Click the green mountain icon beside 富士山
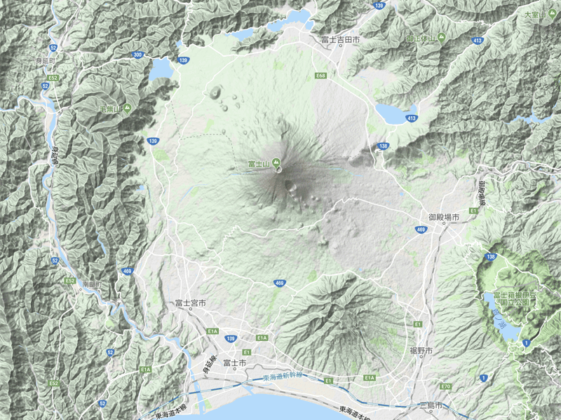276,164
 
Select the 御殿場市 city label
444,218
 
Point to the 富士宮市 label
191,303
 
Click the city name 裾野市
421,350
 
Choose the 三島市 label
429,405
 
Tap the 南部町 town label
91,285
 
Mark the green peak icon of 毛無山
128,108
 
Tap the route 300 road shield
138,55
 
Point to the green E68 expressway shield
320,75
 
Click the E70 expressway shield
445,386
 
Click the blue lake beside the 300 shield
161,69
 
